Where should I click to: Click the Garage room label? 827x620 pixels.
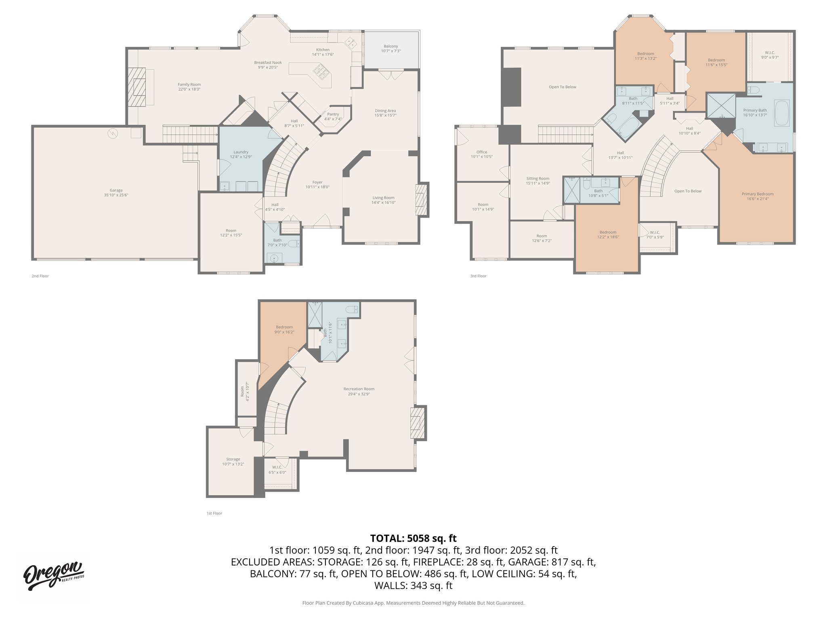(x=116, y=193)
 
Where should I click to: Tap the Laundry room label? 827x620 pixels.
(x=241, y=154)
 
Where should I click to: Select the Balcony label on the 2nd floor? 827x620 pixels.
(x=390, y=48)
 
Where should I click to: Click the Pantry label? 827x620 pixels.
(x=333, y=116)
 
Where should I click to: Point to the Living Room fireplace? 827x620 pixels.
(x=421, y=200)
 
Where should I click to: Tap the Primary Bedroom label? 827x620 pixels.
(x=758, y=196)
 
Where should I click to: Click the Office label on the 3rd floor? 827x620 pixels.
(x=481, y=154)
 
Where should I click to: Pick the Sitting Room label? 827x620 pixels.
(x=538, y=180)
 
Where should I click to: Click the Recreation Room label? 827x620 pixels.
(x=359, y=391)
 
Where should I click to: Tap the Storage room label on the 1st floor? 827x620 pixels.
(x=233, y=461)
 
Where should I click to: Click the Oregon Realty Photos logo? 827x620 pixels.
(x=53, y=575)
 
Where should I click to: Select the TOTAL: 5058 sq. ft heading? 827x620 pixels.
(x=413, y=538)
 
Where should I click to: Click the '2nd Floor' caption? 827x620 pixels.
(x=40, y=276)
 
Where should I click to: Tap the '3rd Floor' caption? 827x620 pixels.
(x=478, y=276)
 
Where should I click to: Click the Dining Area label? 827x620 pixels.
(x=385, y=113)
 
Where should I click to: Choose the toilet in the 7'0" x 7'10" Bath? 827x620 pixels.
(x=296, y=243)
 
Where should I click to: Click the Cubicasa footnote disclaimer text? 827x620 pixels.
(x=413, y=603)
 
